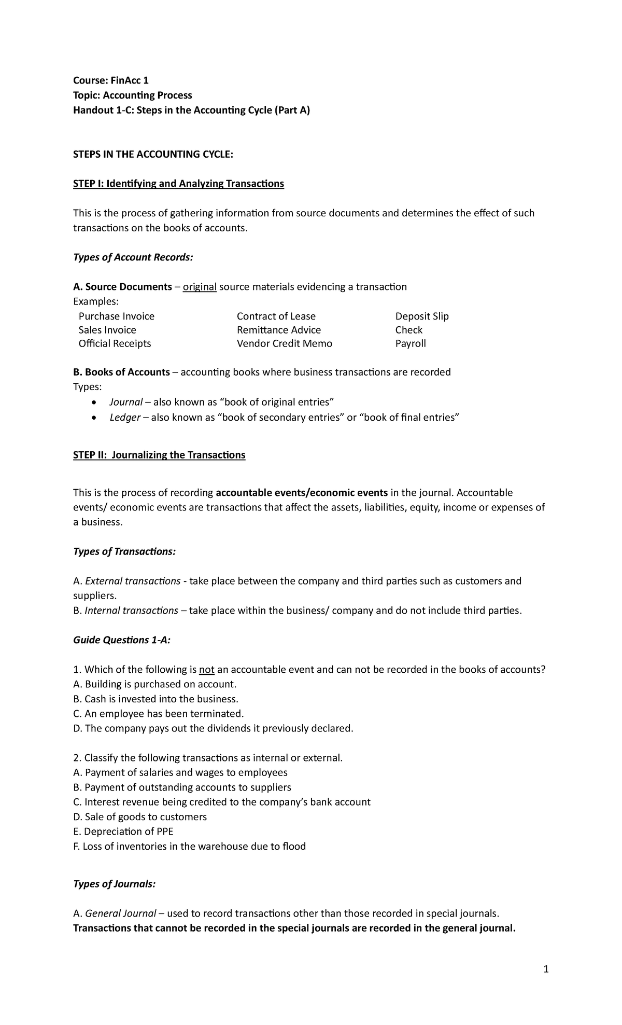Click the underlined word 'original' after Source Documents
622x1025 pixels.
coord(200,287)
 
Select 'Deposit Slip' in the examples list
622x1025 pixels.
coord(421,316)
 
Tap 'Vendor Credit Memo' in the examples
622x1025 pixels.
coord(284,343)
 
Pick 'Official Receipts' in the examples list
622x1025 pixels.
coord(115,343)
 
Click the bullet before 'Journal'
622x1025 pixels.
coord(93,403)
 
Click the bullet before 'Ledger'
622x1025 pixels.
coord(93,418)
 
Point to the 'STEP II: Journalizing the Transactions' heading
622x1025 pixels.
coord(159,455)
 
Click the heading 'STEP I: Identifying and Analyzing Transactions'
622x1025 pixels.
coord(178,184)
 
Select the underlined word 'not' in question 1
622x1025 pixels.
coord(206,669)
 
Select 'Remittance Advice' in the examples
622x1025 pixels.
coord(278,330)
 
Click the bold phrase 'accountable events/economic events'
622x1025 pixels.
coord(301,492)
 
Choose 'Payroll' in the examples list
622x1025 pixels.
coord(410,343)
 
